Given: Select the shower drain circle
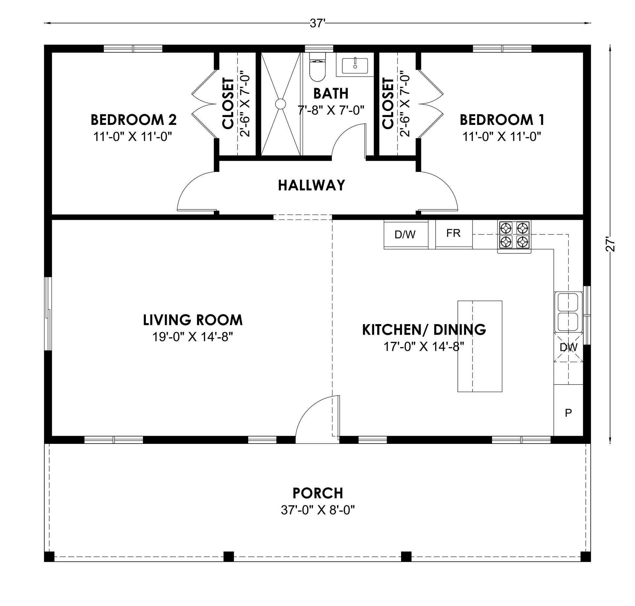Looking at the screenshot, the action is click(280, 104).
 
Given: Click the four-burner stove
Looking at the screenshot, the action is click(514, 236).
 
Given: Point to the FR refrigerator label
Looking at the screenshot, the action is click(453, 233).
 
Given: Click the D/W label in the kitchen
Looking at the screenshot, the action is click(405, 235).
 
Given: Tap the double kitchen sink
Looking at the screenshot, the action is click(568, 312).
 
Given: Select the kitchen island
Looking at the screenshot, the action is click(480, 346).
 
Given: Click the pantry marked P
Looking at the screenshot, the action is click(568, 410).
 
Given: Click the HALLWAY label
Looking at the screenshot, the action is click(311, 185).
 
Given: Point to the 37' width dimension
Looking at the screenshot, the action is click(316, 23).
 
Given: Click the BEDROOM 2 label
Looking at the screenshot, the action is click(133, 120).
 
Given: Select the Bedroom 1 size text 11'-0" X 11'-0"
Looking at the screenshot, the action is click(502, 136).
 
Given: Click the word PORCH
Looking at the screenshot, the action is click(317, 493).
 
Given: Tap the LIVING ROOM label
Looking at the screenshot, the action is click(193, 320).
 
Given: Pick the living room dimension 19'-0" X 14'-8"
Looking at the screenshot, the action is click(193, 337).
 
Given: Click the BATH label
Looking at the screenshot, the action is click(331, 94).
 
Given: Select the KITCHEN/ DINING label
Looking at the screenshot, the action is click(424, 330).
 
